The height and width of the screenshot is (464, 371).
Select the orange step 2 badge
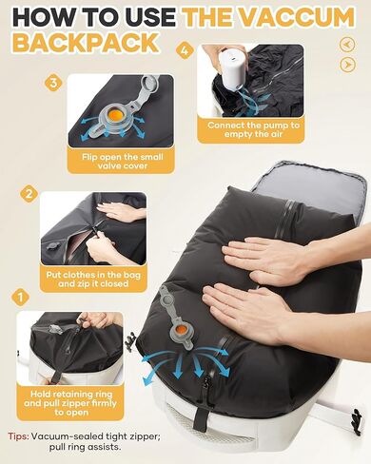tap(29, 194)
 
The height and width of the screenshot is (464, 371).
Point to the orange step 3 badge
tap(53, 83)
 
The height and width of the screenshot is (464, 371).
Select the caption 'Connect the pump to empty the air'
tap(255, 131)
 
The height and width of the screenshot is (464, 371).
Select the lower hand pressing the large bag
tap(236, 306)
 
